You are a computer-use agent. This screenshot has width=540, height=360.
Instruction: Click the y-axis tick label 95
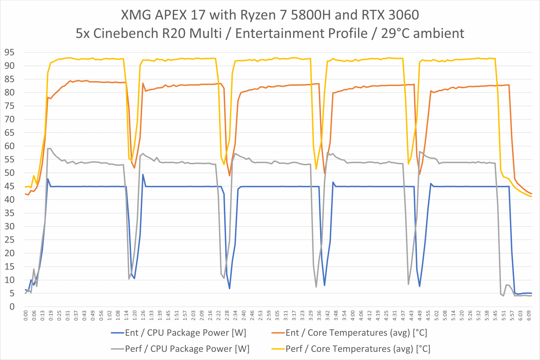click(x=9, y=52)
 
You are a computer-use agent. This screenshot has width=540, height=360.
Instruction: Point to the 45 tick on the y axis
click(x=9, y=186)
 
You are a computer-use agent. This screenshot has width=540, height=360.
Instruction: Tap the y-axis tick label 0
click(x=12, y=307)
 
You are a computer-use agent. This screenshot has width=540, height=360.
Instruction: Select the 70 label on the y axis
click(x=9, y=119)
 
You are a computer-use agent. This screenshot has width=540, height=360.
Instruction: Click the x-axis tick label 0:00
click(x=26, y=316)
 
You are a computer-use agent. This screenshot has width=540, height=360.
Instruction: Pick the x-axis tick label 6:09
click(x=529, y=316)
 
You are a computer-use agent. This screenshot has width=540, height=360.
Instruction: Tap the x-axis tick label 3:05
click(x=277, y=316)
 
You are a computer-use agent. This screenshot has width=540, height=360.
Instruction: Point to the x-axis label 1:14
click(x=127, y=316)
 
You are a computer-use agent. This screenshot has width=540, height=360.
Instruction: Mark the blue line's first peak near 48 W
click(x=48, y=179)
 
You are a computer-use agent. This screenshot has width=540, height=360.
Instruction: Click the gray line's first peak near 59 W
click(x=48, y=148)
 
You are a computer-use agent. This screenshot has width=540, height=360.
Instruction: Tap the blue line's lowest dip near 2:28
click(x=230, y=288)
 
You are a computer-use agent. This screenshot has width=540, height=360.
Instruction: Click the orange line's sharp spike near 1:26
click(x=143, y=83)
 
